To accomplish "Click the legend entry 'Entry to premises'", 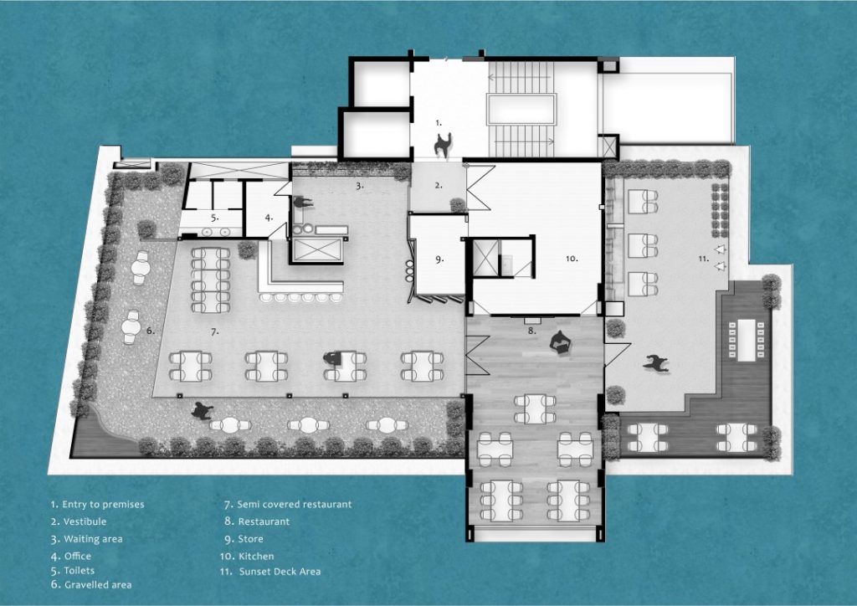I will coord(97,505).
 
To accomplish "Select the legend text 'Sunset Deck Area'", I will coord(269,572).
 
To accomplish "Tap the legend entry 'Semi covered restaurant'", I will coord(287,505).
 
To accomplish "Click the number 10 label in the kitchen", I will coord(571,259).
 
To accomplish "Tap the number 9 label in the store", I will coord(439,259).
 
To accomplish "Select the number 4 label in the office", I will coord(269,217).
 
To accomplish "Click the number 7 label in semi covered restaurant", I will coord(214,332).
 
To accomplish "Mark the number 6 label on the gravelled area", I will coord(150,331).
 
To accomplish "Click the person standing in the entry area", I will coord(442,145).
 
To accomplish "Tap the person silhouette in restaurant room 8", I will coord(559,342).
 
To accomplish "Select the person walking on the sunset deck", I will coord(654,363).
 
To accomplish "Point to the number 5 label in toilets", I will coord(214,218).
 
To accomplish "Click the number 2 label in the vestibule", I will coord(438,186).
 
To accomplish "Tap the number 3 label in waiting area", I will coord(359,186).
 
